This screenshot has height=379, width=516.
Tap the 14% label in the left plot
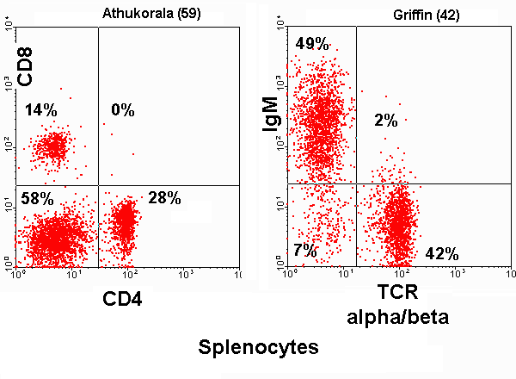tap(40, 110)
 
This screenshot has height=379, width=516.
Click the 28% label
tap(164, 199)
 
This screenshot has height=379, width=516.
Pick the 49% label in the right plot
tap(312, 44)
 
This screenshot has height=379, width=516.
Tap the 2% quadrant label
tap(385, 121)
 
